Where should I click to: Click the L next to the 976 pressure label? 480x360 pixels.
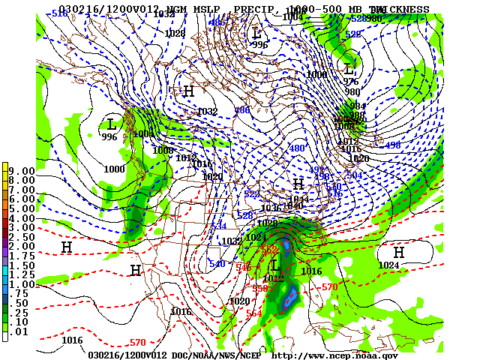pos(349,70)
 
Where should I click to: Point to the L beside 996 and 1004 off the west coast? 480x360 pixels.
pos(112,124)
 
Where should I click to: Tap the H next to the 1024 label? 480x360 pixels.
pos(399,253)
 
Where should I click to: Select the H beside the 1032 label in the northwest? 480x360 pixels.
pos(188,91)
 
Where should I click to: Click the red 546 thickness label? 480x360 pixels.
pos(244,268)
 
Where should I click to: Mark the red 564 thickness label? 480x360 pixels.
pos(254,313)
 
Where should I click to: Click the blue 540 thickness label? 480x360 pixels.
pos(217,264)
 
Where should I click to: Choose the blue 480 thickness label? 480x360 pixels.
pos(298,148)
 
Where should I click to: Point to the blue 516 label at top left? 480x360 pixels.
pos(59,13)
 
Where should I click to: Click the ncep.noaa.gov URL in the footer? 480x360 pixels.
pos(334,355)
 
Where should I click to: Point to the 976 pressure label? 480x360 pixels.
pos(351,82)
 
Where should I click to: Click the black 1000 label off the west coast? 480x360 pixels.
pos(115,169)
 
